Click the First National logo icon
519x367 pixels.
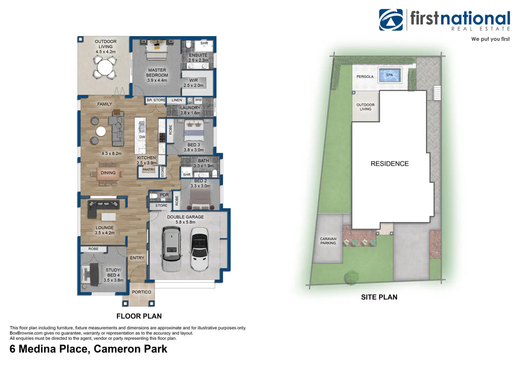point(391,20)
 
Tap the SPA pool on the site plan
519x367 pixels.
point(389,75)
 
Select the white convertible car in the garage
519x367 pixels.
point(200,248)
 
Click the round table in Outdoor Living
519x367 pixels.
point(105,67)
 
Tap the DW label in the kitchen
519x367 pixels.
point(142,137)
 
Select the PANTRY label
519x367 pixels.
point(149,170)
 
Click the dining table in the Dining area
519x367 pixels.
point(108,173)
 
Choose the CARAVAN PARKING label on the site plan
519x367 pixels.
point(328,241)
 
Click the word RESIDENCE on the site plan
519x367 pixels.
point(390,164)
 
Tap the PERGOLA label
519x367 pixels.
point(365,77)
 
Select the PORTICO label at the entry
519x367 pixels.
point(141,292)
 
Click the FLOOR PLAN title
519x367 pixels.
point(139,316)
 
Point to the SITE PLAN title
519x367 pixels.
point(379,297)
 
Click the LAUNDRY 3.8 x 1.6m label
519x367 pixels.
point(190,110)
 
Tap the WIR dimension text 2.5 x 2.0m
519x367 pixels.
point(193,85)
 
